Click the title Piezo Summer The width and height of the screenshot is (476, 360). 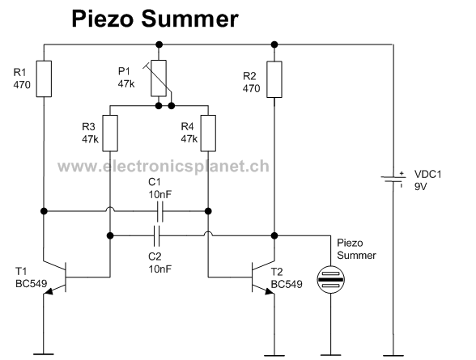pyautogui.click(x=155, y=19)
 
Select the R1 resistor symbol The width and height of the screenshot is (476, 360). pyautogui.click(x=44, y=78)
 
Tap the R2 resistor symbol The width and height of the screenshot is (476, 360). pyautogui.click(x=274, y=79)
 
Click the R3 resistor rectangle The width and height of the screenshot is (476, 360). pyautogui.click(x=110, y=133)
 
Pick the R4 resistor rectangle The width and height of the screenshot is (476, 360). pyautogui.click(x=208, y=133)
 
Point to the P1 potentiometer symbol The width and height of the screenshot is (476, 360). pyautogui.click(x=158, y=78)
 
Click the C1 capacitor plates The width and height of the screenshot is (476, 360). pyautogui.click(x=160, y=211)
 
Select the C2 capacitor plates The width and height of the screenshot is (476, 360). pyautogui.click(x=156, y=235)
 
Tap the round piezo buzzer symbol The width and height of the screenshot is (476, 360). pyautogui.click(x=330, y=280)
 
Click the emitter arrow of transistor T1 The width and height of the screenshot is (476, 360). pyautogui.click(x=49, y=291)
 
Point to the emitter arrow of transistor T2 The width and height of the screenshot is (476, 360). pyautogui.click(x=269, y=291)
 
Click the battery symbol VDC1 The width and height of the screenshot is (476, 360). pyautogui.click(x=393, y=180)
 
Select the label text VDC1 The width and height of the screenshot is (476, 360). pyautogui.click(x=427, y=175)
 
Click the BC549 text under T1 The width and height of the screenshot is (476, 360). pyautogui.click(x=32, y=284)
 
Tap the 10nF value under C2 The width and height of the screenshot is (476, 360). pyautogui.click(x=160, y=269)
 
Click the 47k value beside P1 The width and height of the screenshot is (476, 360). pyautogui.click(x=126, y=84)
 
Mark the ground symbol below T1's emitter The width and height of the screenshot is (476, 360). pyautogui.click(x=44, y=354)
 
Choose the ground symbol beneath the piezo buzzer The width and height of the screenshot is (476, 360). pyautogui.click(x=330, y=354)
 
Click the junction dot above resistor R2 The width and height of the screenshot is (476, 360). pyautogui.click(x=274, y=44)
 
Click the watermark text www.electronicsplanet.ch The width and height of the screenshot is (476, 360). pyautogui.click(x=164, y=167)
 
